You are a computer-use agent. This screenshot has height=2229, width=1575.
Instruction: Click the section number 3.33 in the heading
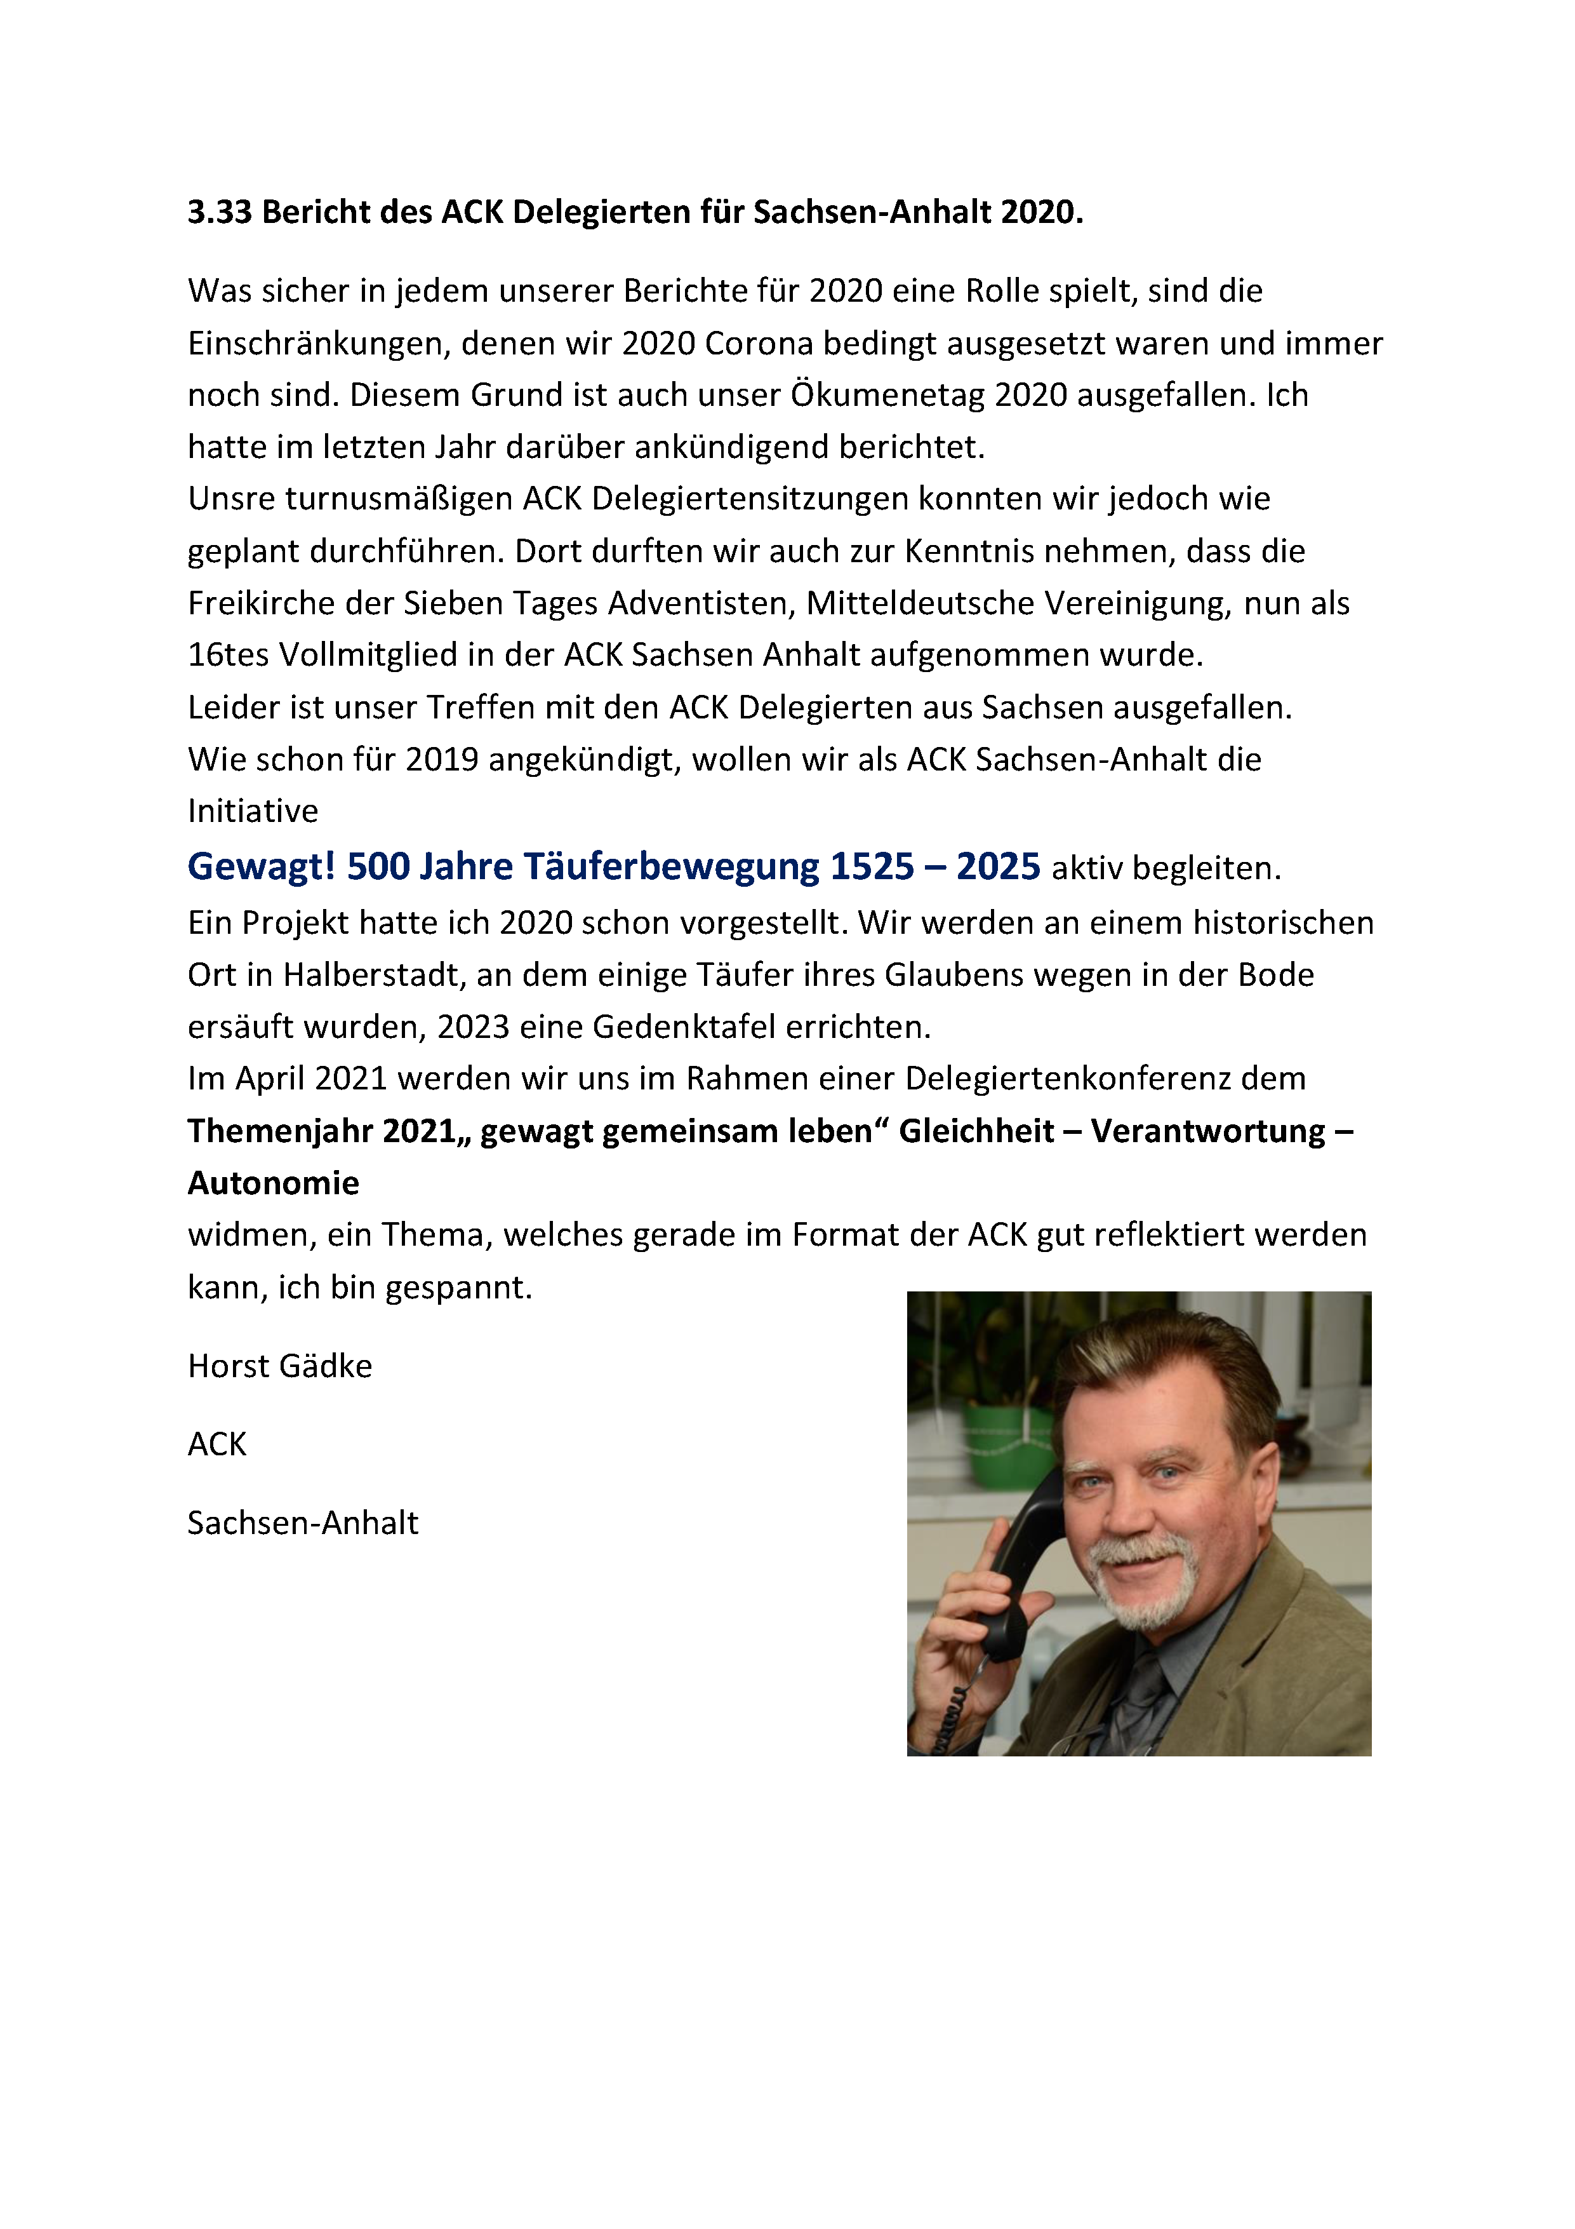[x=219, y=212]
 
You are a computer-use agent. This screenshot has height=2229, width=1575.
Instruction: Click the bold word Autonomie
[x=274, y=1183]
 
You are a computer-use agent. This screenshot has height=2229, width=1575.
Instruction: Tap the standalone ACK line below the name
[x=217, y=1444]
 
